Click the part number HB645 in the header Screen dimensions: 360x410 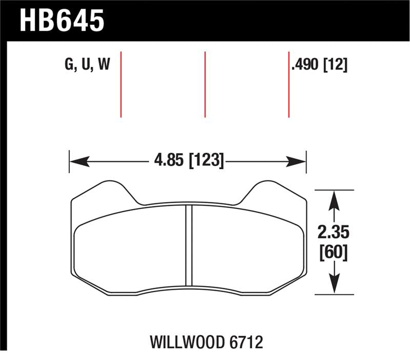pyautogui.click(x=62, y=21)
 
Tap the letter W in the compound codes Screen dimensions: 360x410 pyautogui.click(x=104, y=65)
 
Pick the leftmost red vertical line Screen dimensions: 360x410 pyautogui.click(x=121, y=85)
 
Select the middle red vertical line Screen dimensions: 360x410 pyautogui.click(x=205, y=85)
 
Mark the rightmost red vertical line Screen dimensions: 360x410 pyautogui.click(x=289, y=85)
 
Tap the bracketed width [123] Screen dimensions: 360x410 pyautogui.click(x=206, y=161)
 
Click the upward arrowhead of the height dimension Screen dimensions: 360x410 pyautogui.click(x=334, y=198)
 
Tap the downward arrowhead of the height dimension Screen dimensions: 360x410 pyautogui.click(x=334, y=287)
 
